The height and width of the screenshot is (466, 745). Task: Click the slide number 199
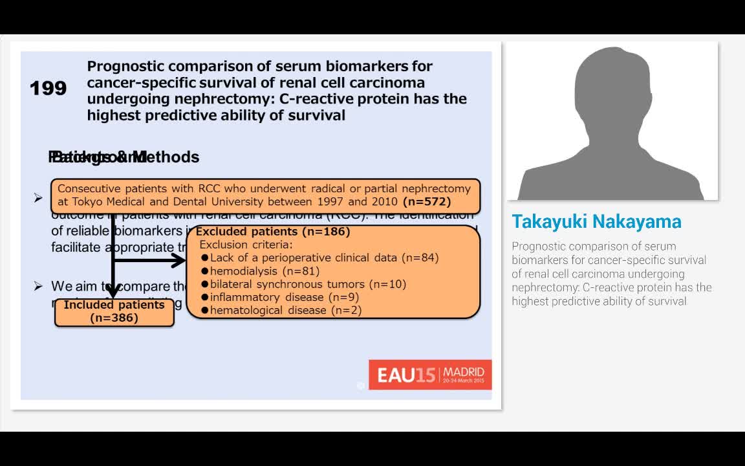coord(48,88)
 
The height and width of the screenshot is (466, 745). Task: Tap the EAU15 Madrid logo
coord(430,375)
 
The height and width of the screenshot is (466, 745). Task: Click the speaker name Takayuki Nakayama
coord(596,221)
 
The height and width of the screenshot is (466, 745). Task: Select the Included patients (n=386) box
coord(114,311)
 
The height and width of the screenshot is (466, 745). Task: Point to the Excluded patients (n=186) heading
coord(273,232)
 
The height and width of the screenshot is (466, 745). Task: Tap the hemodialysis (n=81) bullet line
coord(265,271)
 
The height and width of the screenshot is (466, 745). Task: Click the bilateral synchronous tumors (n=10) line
coord(308,284)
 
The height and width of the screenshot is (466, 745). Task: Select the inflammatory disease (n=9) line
coord(284,297)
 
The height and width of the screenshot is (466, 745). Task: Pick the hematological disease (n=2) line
coord(285,310)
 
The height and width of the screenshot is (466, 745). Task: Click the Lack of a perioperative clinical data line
coord(324,258)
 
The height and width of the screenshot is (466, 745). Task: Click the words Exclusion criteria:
coord(246,245)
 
